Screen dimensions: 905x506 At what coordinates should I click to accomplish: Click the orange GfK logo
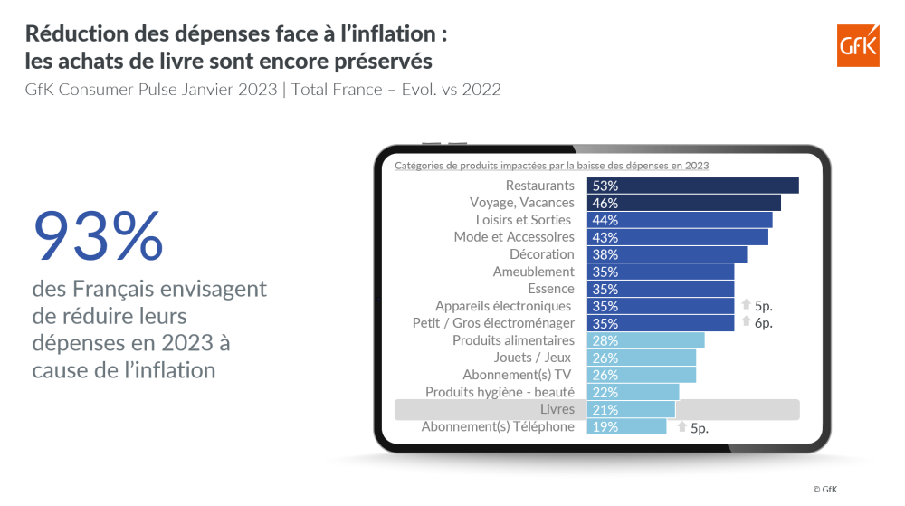[x=858, y=45]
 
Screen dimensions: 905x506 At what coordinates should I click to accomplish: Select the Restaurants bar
[x=692, y=186]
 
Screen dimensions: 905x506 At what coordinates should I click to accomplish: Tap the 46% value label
[x=605, y=203]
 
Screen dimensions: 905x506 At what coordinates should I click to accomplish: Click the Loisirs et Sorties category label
[x=523, y=220]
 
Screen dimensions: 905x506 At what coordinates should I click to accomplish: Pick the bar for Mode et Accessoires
[x=678, y=237]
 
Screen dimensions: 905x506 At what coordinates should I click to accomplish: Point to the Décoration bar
[x=667, y=254]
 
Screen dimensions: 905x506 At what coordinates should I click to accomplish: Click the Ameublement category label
[x=533, y=272]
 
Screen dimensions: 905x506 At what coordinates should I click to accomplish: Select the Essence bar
[x=661, y=289]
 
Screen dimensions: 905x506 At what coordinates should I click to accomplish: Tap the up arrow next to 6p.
[x=746, y=320]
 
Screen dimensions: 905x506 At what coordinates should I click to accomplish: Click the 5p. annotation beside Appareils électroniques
[x=764, y=306]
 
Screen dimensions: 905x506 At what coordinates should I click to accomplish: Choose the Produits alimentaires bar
[x=645, y=340]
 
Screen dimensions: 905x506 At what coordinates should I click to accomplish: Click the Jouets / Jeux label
[x=532, y=358]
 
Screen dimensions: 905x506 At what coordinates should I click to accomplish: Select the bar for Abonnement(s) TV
[x=642, y=375]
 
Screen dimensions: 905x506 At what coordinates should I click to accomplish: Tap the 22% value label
[x=605, y=392]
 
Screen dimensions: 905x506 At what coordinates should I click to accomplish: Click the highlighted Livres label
[x=557, y=409]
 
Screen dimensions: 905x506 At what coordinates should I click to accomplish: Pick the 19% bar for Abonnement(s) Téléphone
[x=626, y=426]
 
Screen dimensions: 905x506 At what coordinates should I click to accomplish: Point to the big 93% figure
[x=98, y=236]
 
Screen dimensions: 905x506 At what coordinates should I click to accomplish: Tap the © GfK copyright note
[x=824, y=490]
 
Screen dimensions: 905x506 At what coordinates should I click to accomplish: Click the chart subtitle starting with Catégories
[x=551, y=166]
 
